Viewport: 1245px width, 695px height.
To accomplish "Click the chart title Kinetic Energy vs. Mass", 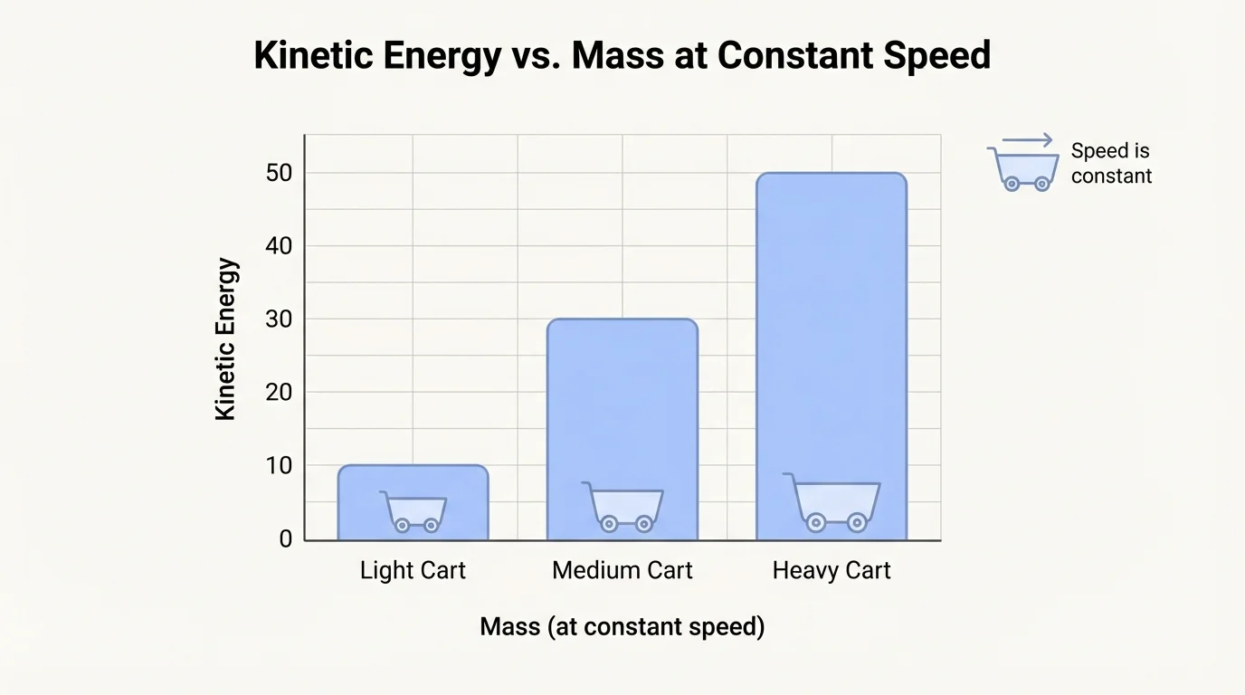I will pyautogui.click(x=622, y=56).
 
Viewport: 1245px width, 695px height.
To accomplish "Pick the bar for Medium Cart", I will pyautogui.click(x=622, y=407).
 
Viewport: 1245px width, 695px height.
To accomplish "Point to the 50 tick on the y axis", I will pyautogui.click(x=279, y=173).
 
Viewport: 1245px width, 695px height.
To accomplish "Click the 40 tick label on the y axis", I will pyautogui.click(x=279, y=246).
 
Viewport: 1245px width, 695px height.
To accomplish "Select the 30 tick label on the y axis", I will pyautogui.click(x=279, y=319).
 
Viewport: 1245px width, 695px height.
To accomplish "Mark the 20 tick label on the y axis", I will pyautogui.click(x=279, y=393).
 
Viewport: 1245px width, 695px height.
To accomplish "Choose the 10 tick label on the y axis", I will pyautogui.click(x=279, y=466).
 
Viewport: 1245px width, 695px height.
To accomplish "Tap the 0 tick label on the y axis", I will pyautogui.click(x=286, y=539).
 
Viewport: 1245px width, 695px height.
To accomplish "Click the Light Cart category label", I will pyautogui.click(x=413, y=571).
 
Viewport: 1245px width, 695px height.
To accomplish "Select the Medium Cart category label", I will pyautogui.click(x=622, y=571).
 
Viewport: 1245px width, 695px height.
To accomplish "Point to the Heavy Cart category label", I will pyautogui.click(x=832, y=571).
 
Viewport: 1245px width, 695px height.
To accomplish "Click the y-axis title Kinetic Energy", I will pyautogui.click(x=226, y=339).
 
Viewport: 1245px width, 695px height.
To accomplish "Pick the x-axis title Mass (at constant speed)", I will pyautogui.click(x=622, y=626).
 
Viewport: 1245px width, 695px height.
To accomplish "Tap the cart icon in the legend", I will pyautogui.click(x=1024, y=169).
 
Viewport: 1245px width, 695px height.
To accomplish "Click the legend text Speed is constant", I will pyautogui.click(x=1111, y=164).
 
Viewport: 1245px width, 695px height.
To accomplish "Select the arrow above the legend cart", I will pyautogui.click(x=1028, y=140).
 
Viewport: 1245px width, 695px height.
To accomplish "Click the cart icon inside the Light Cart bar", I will pyautogui.click(x=413, y=511).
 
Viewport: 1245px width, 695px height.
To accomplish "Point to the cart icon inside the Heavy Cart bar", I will pyautogui.click(x=833, y=503).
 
